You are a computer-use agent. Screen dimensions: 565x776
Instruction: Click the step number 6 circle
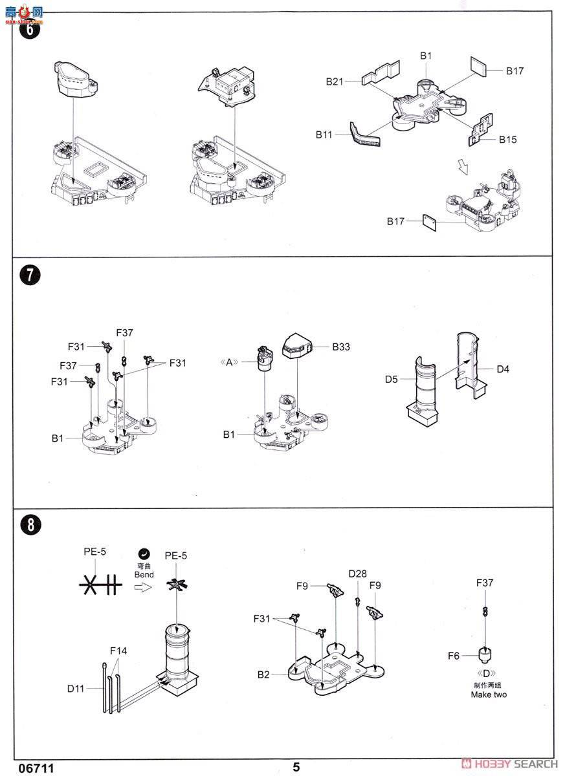coord(30,28)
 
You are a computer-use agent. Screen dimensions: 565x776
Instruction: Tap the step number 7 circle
coord(30,275)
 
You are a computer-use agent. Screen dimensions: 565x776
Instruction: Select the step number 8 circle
coord(30,525)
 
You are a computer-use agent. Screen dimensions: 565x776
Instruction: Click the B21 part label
coord(335,81)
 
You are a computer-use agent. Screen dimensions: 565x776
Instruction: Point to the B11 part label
coord(324,135)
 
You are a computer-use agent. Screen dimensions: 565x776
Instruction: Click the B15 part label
coord(507,140)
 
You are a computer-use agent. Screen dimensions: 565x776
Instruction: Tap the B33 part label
coord(341,347)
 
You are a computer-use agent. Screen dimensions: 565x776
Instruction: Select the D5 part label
coord(392,380)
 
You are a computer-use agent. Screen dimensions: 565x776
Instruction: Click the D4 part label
coord(503,369)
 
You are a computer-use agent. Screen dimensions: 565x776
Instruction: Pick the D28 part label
coord(357,574)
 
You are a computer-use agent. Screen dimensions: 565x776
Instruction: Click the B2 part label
coord(263,674)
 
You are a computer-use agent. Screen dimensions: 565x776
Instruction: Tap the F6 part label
coord(454,656)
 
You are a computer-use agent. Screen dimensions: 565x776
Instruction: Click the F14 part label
coord(118,651)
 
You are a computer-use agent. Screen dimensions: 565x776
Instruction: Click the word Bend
coord(144,574)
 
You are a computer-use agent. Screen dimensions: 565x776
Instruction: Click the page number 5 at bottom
coord(296,767)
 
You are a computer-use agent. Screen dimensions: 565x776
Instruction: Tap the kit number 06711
coord(36,768)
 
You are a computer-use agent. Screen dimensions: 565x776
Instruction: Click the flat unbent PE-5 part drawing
coord(100,585)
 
